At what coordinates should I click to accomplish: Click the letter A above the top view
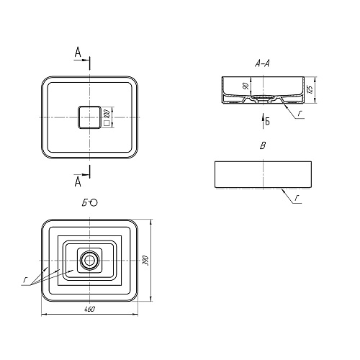[78, 53]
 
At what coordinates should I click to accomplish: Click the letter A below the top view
[78, 181]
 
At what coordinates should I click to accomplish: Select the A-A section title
[262, 63]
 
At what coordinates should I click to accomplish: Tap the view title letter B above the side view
[263, 145]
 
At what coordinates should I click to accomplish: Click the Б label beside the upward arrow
[267, 122]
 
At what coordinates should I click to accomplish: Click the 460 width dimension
[90, 310]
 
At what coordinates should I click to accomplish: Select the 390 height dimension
[146, 261]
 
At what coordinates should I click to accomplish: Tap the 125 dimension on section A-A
[310, 89]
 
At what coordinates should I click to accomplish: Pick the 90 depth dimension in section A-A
[246, 86]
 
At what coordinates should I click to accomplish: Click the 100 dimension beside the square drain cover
[107, 114]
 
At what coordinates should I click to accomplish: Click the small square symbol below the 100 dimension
[107, 123]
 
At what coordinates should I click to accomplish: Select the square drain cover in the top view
[89, 117]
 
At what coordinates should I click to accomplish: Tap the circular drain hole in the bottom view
[90, 260]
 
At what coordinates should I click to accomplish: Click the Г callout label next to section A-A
[299, 114]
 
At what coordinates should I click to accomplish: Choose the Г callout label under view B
[297, 198]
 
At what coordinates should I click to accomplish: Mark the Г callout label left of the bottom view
[25, 279]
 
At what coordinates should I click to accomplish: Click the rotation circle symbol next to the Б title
[94, 203]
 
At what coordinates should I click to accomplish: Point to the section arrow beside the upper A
[81, 60]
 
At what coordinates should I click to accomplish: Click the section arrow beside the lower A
[81, 174]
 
